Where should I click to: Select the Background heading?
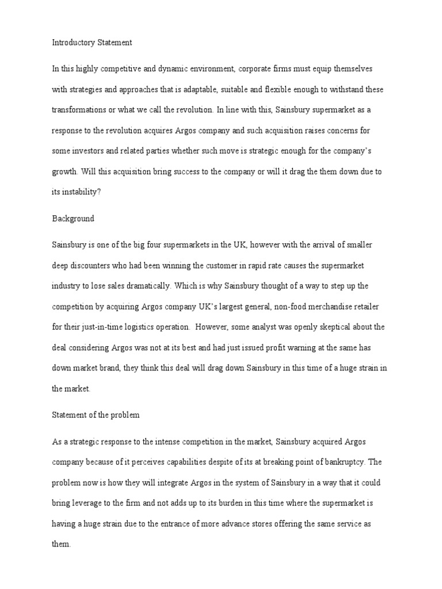click(x=73, y=219)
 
